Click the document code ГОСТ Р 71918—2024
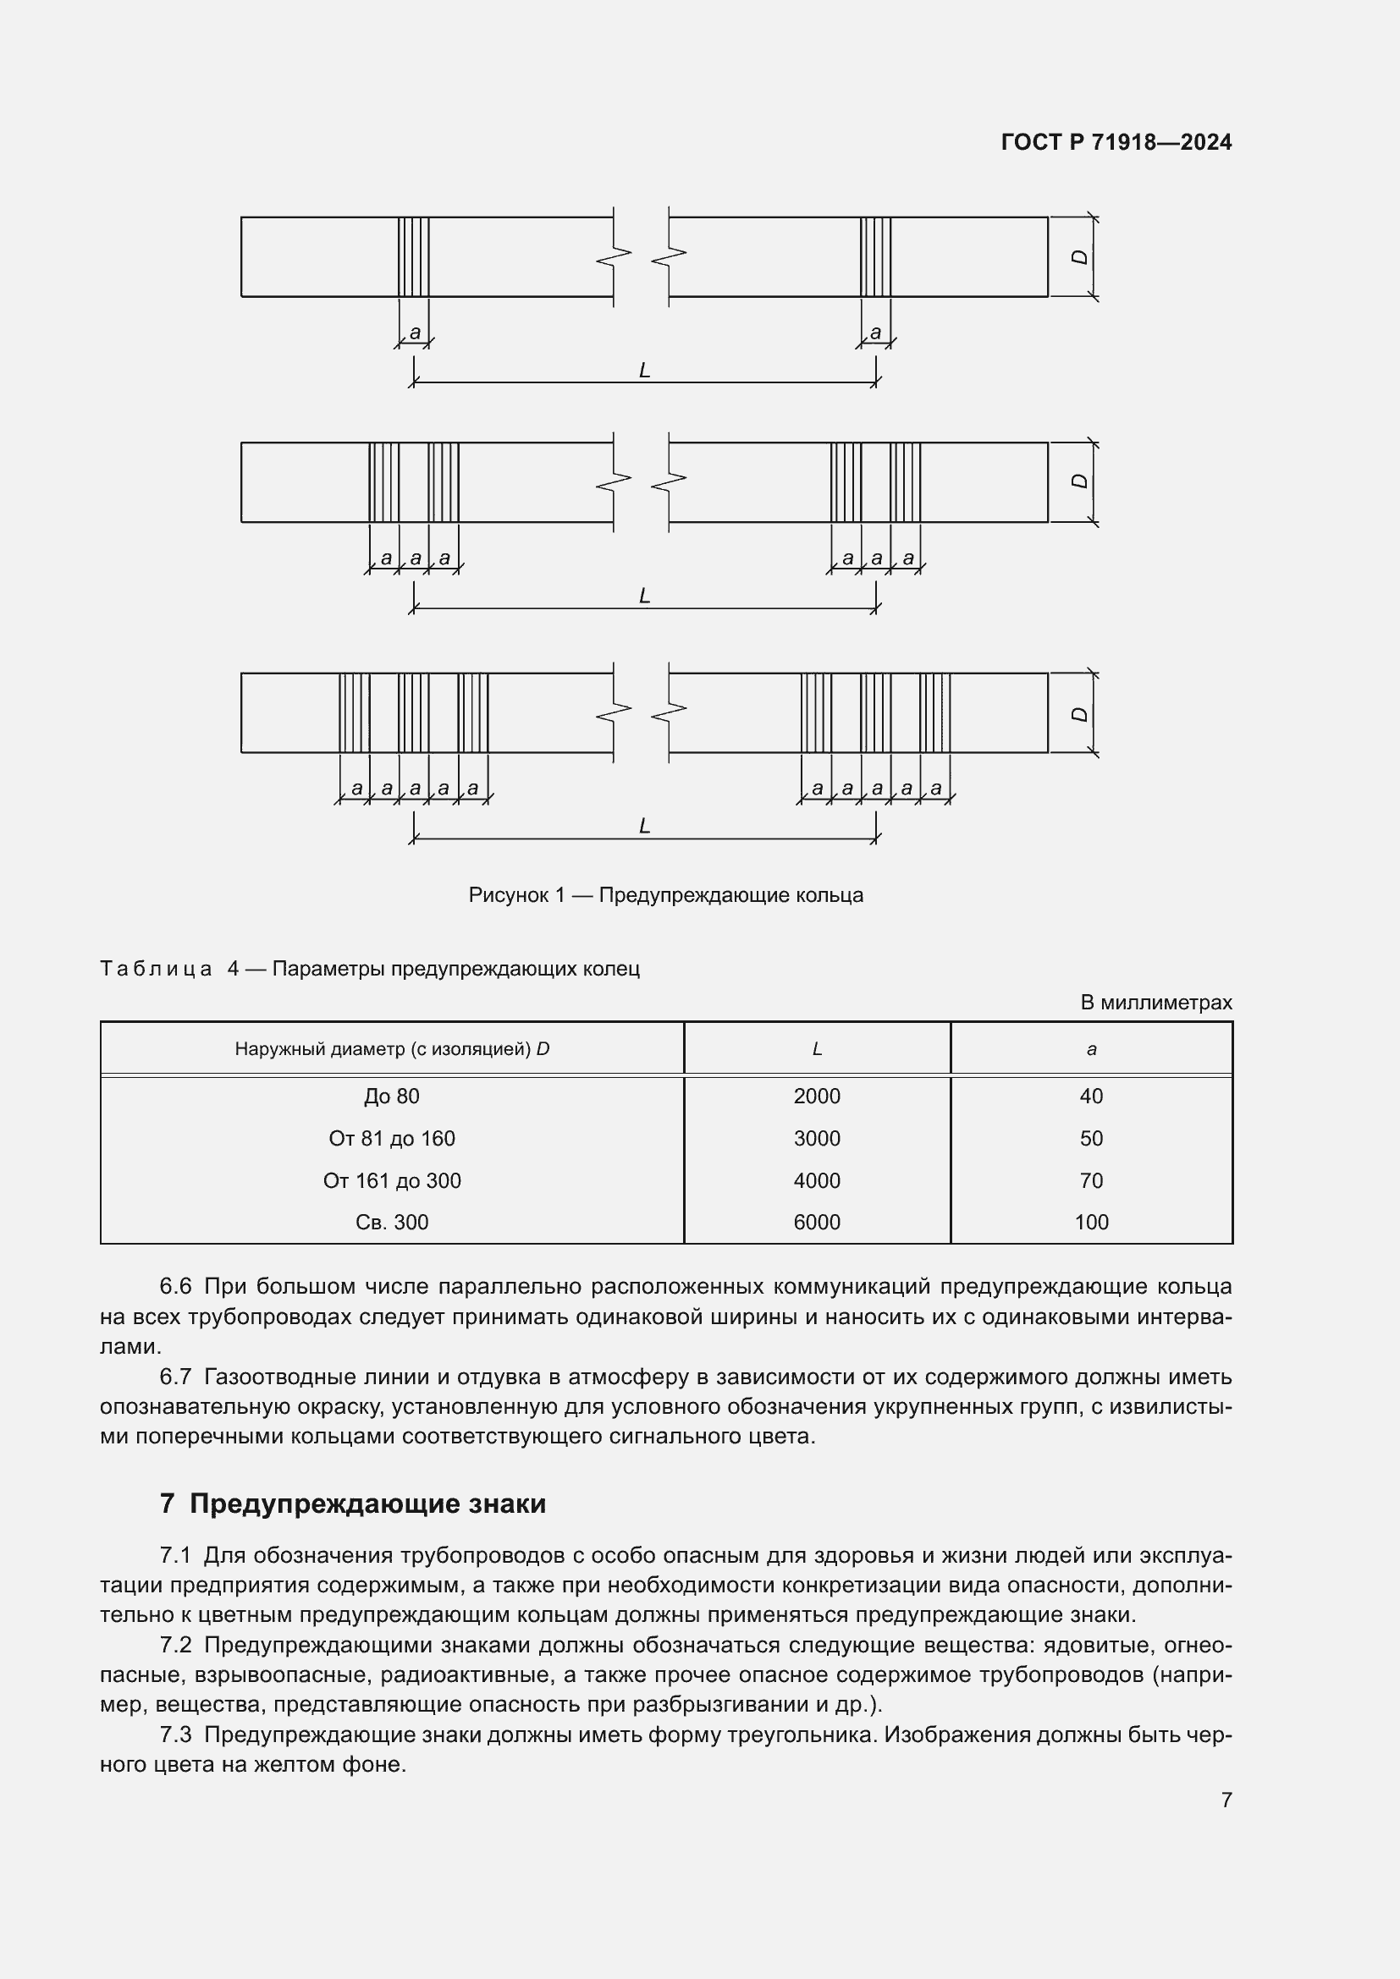1116,142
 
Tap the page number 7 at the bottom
1226,1800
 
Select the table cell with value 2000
816,1096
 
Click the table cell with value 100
1090,1222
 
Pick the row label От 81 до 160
391,1138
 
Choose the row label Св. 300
391,1222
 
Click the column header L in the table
816,1049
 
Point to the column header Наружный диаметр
391,1049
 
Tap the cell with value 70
1090,1180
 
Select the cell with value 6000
816,1222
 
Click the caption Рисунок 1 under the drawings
665,894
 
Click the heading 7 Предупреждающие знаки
353,1504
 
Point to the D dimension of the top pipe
1079,257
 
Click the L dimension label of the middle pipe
644,596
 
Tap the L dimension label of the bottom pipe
644,826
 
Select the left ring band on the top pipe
414,257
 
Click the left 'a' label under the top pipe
415,332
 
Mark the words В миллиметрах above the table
1156,1003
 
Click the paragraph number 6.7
175,1377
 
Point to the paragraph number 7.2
175,1645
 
